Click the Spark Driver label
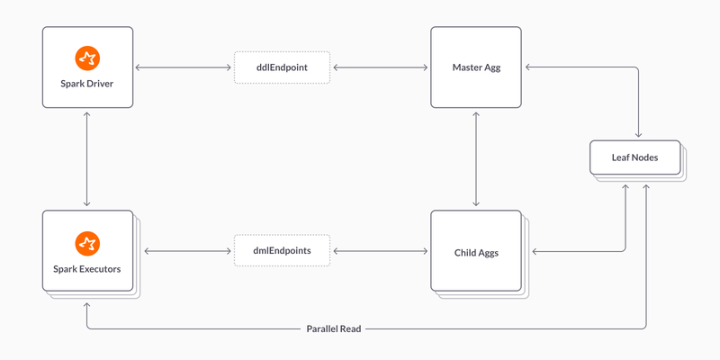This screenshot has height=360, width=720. tap(87, 84)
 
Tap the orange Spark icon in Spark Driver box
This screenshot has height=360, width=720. tap(87, 58)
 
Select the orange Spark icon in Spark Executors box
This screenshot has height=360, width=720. tap(87, 244)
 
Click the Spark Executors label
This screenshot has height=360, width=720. tap(87, 269)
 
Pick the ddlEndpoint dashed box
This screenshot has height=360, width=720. tap(282, 67)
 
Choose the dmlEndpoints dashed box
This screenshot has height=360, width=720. tap(282, 251)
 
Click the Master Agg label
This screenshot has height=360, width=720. tap(476, 67)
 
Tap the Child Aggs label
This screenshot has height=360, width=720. tap(476, 253)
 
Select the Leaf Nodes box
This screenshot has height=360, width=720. tap(635, 157)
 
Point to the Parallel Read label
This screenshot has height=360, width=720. tap(334, 328)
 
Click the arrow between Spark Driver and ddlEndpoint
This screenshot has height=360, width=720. tap(184, 67)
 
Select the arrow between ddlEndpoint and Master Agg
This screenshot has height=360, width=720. tap(381, 67)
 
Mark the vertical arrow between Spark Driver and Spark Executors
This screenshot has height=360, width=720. tap(86, 158)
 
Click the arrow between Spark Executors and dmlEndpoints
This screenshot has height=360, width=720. tap(187, 251)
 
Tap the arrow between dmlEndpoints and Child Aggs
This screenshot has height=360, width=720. tap(381, 251)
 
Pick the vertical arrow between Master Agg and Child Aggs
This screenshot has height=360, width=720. tap(476, 158)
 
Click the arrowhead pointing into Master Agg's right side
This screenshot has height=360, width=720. tap(528, 67)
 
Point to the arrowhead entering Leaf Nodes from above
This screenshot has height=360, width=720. tap(638, 134)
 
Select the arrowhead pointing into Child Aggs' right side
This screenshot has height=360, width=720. tap(535, 251)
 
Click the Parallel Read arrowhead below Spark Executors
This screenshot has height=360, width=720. tap(86, 305)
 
